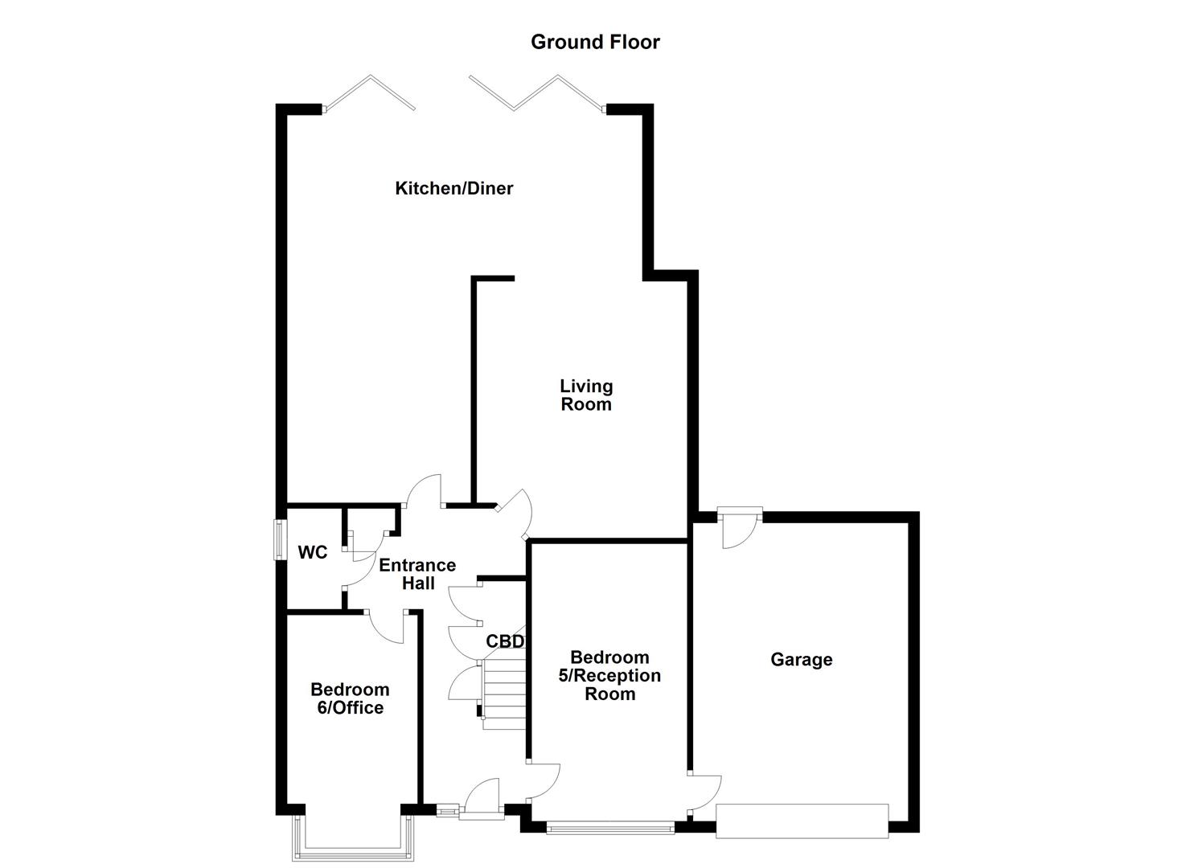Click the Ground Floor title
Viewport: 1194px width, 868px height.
[x=595, y=42]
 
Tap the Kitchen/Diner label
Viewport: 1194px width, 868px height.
[x=453, y=188]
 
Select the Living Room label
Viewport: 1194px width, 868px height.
[x=586, y=395]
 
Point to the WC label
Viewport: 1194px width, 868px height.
[x=313, y=553]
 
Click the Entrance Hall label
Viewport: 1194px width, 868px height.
[x=417, y=574]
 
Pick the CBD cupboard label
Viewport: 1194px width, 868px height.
[x=505, y=641]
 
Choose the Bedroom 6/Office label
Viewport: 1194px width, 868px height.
[x=350, y=698]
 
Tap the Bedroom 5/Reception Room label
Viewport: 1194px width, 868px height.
[x=609, y=676]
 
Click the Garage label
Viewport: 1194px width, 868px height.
[x=801, y=660]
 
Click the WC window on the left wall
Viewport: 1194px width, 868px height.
[x=279, y=539]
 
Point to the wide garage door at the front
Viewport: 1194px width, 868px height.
[x=802, y=821]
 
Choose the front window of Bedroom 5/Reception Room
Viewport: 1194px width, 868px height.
[x=609, y=828]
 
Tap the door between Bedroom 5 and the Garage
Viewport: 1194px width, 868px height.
[x=705, y=792]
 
